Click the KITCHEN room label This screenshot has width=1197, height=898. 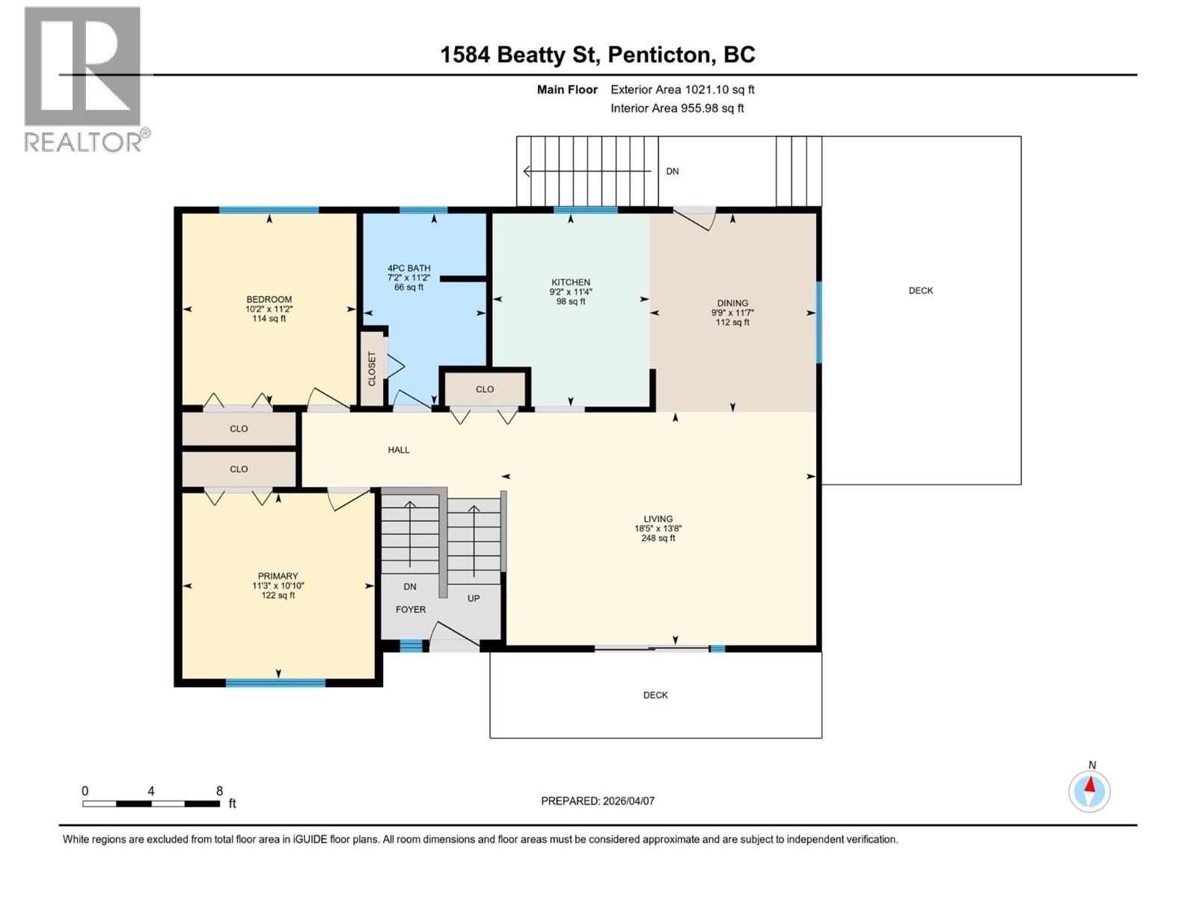[571, 282]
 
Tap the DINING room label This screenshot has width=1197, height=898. [732, 303]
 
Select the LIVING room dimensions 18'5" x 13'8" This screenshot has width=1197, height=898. [658, 528]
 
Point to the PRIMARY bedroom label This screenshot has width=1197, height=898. [278, 576]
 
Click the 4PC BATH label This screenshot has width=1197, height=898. [408, 268]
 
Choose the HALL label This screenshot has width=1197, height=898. [399, 450]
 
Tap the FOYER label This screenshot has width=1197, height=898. [411, 609]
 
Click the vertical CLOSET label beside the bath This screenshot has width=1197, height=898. [372, 369]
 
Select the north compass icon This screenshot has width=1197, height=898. [1089, 791]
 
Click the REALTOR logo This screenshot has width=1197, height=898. [83, 79]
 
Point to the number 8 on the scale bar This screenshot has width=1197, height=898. [219, 791]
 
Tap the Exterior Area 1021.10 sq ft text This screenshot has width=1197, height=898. [682, 90]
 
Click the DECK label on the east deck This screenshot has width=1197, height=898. [920, 290]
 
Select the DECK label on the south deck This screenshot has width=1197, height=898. [655, 695]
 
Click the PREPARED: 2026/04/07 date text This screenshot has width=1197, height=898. [597, 801]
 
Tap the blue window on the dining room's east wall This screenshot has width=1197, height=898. [818, 322]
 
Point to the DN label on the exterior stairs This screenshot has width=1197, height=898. [672, 171]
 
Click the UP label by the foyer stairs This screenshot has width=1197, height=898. [474, 598]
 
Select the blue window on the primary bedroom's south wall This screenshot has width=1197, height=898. [275, 682]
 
